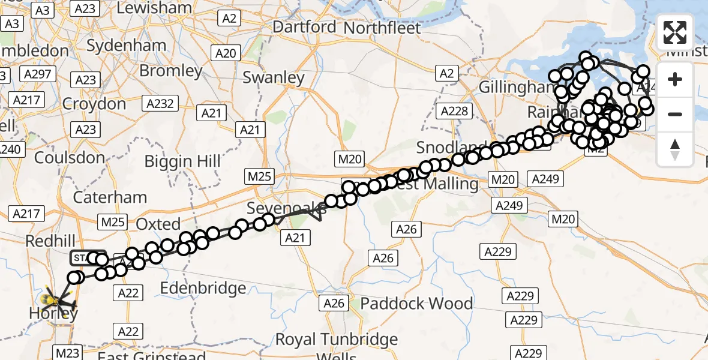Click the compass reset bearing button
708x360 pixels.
pos(675,149)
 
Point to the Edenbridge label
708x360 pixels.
pos(203,288)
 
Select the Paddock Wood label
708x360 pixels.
pos(416,304)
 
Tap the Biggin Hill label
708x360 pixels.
pos(182,161)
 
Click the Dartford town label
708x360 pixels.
pos(304,27)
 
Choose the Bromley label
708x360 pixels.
pos(171,71)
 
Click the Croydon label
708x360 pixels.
pos(94,104)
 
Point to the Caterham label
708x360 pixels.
pos(110,197)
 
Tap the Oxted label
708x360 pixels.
pos(158,224)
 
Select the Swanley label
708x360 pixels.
pos(274,77)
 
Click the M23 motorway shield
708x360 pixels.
pos(69,351)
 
